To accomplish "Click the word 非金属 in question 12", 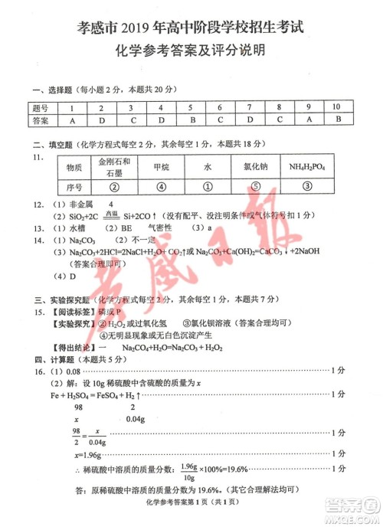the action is point(74,205).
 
